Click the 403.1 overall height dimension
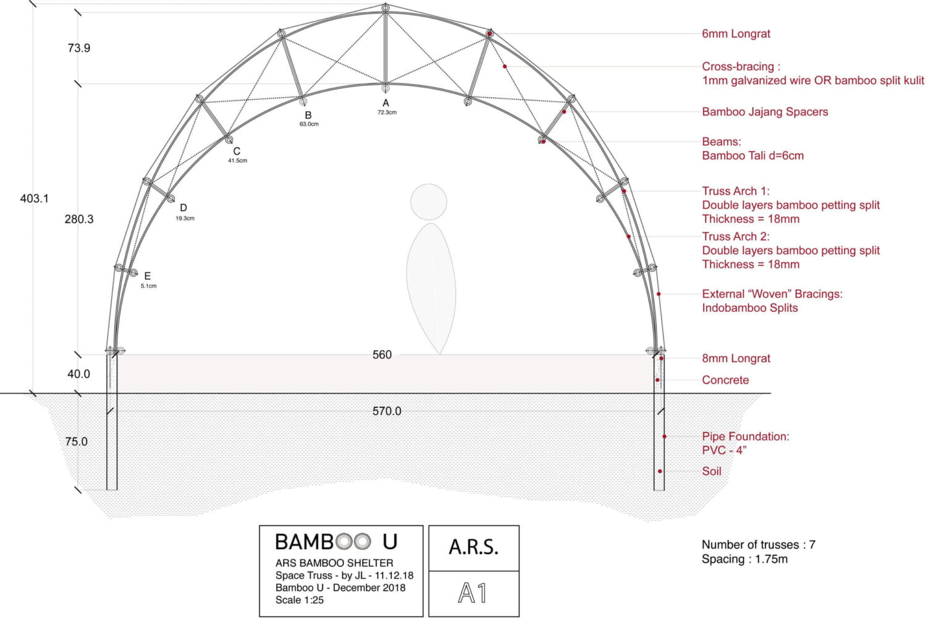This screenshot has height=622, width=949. [34, 198]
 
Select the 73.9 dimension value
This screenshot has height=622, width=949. [78, 48]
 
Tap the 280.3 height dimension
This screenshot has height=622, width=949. [78, 219]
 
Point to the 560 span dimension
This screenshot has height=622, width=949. [382, 355]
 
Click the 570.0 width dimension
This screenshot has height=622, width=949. [386, 411]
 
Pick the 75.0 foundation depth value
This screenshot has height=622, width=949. [76, 441]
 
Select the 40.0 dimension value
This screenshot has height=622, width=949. [78, 374]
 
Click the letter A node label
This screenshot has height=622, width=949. [386, 103]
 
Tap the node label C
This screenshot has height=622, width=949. [237, 151]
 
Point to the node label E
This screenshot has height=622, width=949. [147, 276]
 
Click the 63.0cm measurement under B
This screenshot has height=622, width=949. [309, 124]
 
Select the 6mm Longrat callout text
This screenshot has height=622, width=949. [736, 34]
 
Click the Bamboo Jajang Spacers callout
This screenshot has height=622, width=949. [765, 112]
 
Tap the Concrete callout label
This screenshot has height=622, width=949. [725, 380]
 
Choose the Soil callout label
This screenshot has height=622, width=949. [712, 471]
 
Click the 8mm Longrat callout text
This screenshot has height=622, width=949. [736, 358]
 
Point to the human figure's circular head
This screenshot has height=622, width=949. [429, 202]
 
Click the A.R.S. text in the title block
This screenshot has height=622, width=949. [473, 547]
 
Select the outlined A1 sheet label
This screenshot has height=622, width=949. [473, 593]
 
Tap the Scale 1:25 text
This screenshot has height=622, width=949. [300, 600]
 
